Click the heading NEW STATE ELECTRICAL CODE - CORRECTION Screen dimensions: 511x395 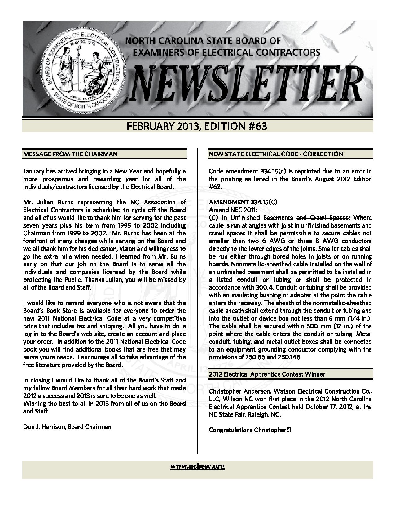276,154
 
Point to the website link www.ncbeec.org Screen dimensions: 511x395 197,466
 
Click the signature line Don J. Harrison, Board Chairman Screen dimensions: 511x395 67,427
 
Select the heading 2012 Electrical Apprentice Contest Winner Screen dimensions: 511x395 267,374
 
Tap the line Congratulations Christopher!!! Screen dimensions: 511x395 250,430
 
